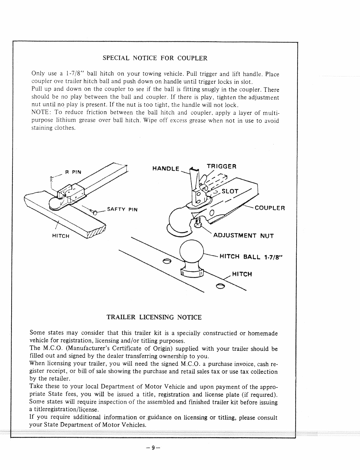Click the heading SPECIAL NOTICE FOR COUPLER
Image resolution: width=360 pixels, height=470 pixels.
point(155,58)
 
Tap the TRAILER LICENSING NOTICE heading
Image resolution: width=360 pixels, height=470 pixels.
point(154,317)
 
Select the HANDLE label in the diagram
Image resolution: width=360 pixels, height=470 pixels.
point(166,168)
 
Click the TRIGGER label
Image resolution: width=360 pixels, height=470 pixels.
point(221,166)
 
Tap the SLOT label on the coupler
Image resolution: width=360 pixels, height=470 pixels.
point(230,191)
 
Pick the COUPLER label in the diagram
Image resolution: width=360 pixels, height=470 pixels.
point(270,208)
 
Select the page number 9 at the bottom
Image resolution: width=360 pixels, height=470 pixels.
point(153,448)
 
